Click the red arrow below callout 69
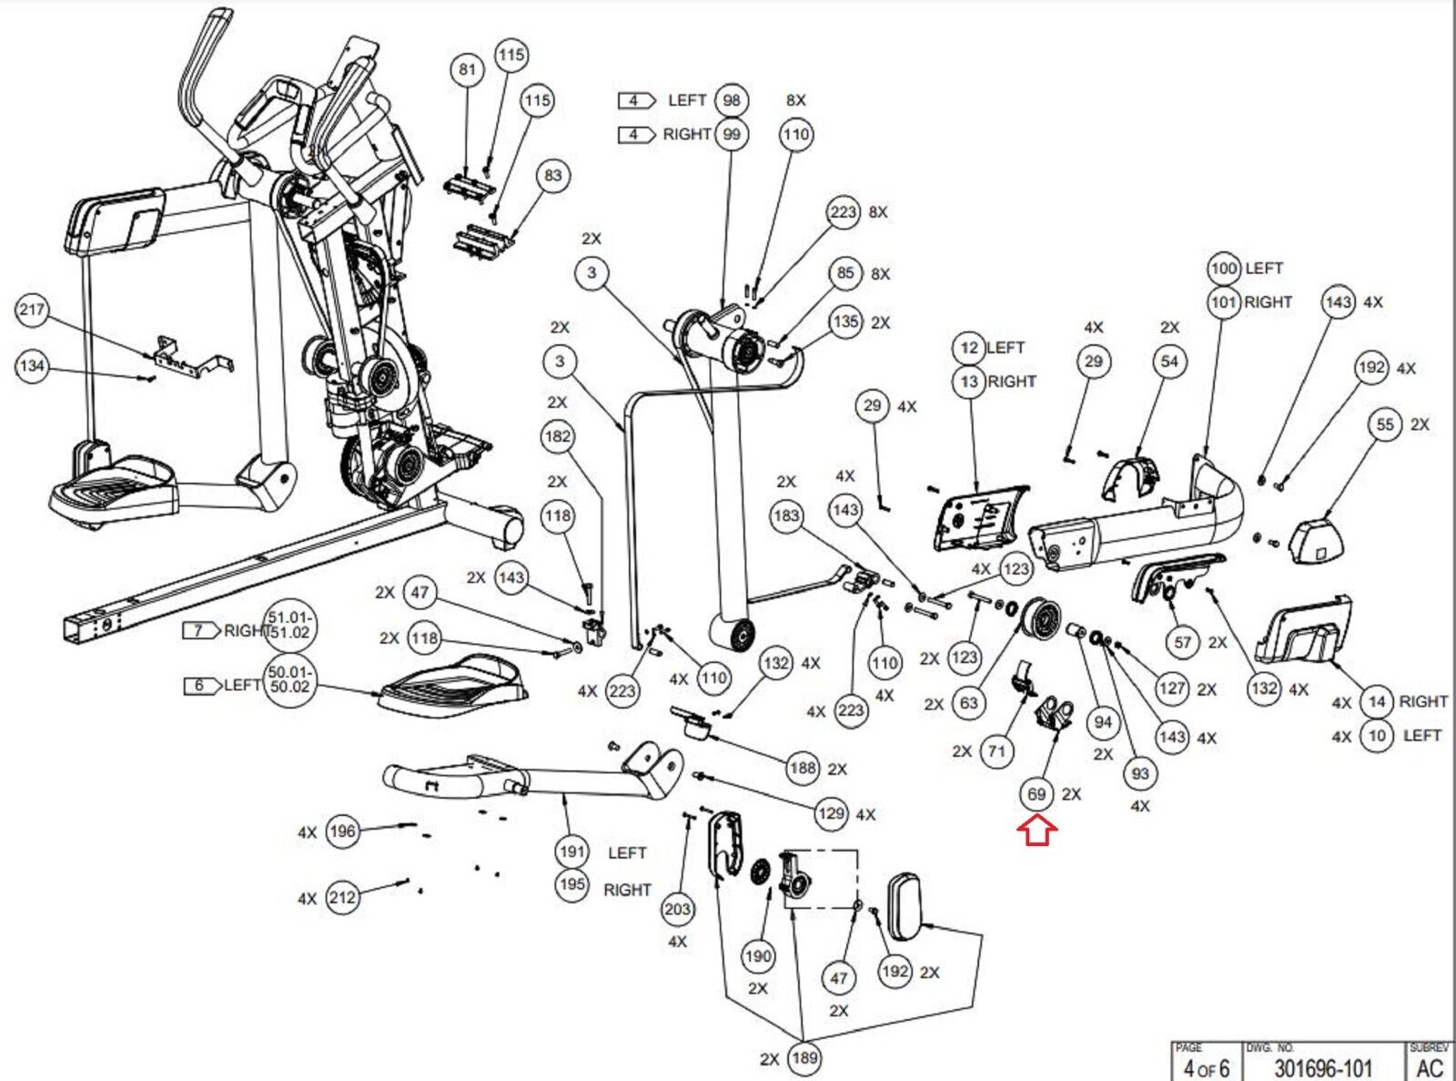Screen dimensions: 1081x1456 [x=1037, y=831]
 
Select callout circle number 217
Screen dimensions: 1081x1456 [x=32, y=310]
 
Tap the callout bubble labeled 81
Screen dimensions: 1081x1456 [x=467, y=69]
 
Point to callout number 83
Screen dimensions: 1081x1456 [x=553, y=176]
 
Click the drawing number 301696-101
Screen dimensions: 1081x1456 [x=1322, y=1067]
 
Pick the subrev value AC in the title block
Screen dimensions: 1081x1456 [x=1430, y=1067]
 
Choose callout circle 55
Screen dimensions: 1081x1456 [x=1385, y=424]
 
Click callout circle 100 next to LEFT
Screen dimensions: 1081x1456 [x=1225, y=269]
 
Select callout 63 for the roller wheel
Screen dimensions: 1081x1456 [x=969, y=703]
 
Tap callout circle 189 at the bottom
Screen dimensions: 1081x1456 [x=804, y=1057]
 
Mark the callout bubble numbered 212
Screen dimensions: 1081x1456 [x=342, y=898]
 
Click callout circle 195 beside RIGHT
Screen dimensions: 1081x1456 [x=572, y=884]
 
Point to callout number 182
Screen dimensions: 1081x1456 [x=557, y=436]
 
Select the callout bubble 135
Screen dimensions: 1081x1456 [x=845, y=321]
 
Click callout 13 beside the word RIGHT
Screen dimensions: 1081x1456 [x=969, y=382]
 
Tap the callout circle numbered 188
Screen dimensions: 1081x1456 [x=803, y=768]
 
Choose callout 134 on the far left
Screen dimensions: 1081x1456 [x=32, y=366]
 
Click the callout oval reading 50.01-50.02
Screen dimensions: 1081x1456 [x=289, y=679]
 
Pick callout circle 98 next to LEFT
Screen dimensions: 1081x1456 [x=732, y=100]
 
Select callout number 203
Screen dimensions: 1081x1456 [x=678, y=908]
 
